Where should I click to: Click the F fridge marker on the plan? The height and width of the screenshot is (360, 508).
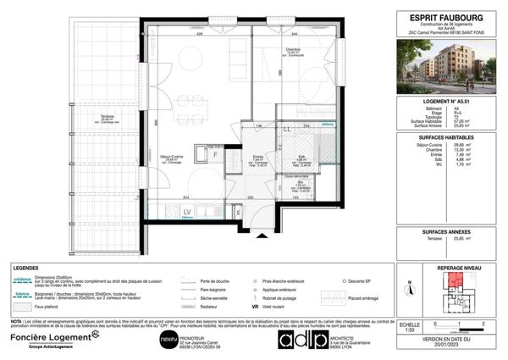215,156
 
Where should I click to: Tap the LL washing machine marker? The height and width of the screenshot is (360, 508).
287,129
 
